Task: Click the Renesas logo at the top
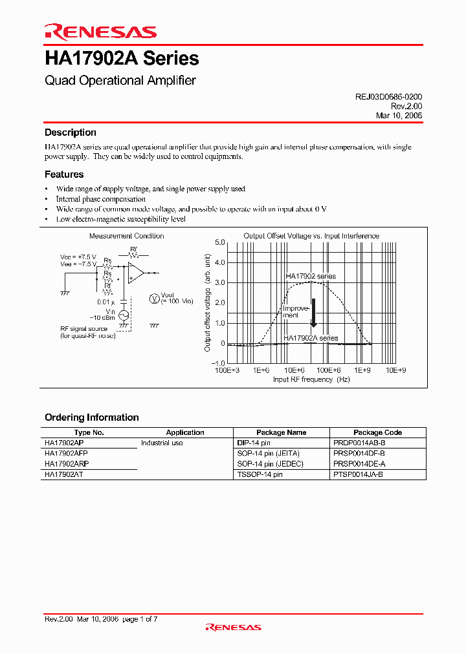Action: [100, 32]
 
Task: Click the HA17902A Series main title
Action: [122, 59]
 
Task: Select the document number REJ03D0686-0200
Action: [388, 96]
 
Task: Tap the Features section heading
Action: [64, 174]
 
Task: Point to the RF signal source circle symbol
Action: [122, 315]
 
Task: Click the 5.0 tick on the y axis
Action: [219, 242]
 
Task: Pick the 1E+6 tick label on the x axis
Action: [261, 370]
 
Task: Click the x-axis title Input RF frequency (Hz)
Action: [311, 379]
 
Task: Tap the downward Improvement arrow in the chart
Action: [313, 313]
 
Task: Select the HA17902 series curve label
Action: [311, 276]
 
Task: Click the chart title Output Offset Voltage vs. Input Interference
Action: [311, 236]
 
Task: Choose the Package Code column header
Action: [377, 432]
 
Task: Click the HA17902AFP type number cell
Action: [66, 454]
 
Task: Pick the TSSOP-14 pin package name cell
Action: [260, 474]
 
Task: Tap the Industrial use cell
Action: [162, 443]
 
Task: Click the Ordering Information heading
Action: [92, 417]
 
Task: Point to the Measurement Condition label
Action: [126, 236]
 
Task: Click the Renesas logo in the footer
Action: [233, 627]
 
